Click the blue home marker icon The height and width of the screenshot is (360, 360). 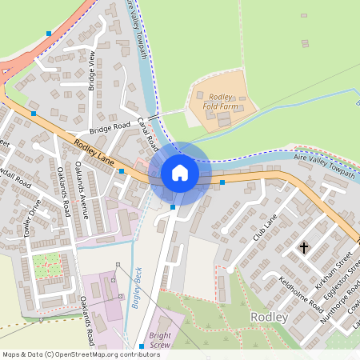click(180, 173)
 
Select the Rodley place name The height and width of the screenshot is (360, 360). click(269, 317)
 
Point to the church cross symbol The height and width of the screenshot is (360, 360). click(303, 248)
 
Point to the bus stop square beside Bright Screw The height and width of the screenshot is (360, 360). click(142, 346)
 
